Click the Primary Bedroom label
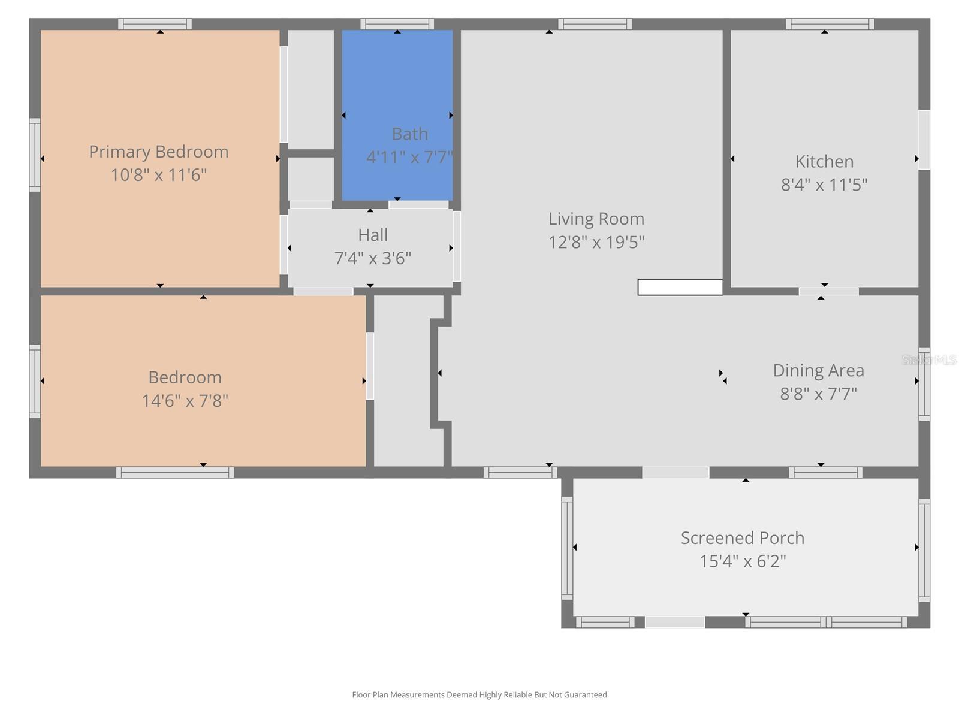pyautogui.click(x=158, y=152)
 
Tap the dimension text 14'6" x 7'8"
pyautogui.click(x=185, y=401)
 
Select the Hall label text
pyautogui.click(x=373, y=235)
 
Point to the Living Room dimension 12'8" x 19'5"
pyautogui.click(x=596, y=242)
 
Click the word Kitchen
pyautogui.click(x=824, y=162)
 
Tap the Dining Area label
pyautogui.click(x=818, y=371)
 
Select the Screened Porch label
pyautogui.click(x=742, y=538)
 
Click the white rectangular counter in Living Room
pyautogui.click(x=680, y=287)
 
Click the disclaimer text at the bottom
pyautogui.click(x=479, y=695)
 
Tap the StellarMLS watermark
pyautogui.click(x=929, y=360)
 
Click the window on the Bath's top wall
pyautogui.click(x=397, y=24)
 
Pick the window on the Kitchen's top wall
pyautogui.click(x=830, y=24)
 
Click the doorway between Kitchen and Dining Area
pyautogui.click(x=828, y=292)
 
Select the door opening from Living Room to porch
pyautogui.click(x=675, y=472)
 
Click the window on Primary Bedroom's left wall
pyautogui.click(x=35, y=155)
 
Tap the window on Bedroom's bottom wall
pyautogui.click(x=174, y=473)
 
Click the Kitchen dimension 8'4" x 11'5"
pyautogui.click(x=824, y=185)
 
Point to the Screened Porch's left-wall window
pyautogui.click(x=567, y=548)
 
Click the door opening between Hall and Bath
pyautogui.click(x=418, y=205)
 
